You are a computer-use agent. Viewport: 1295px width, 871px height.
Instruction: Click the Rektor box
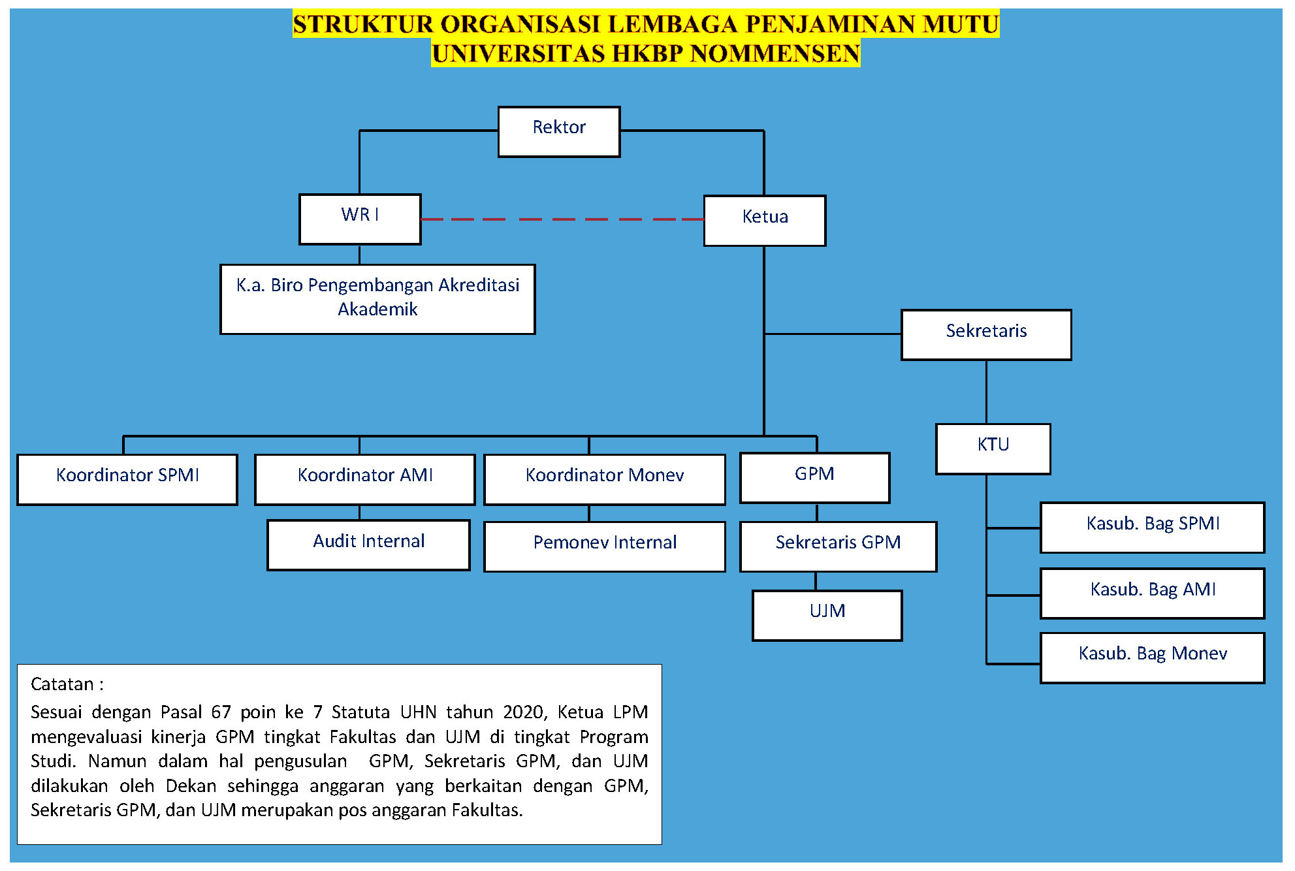pos(559,132)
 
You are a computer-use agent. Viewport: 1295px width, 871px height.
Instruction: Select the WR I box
pos(360,219)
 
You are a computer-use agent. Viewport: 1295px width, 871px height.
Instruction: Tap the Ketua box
pos(765,221)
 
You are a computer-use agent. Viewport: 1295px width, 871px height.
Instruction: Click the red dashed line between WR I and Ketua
pos(562,219)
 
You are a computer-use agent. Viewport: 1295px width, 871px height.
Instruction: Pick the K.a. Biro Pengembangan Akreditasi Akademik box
pos(377,299)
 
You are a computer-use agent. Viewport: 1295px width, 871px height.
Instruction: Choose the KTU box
pos(993,449)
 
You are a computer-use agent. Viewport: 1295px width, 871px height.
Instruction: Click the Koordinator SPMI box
pos(127,480)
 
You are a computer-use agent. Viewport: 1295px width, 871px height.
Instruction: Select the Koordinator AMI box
pos(365,480)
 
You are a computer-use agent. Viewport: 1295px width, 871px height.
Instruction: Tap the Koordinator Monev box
pos(605,480)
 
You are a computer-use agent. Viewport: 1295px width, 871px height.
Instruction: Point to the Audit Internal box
pos(368,545)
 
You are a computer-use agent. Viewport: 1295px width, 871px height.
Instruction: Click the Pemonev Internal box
pos(605,546)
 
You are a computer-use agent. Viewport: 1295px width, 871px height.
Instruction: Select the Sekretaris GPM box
pos(838,546)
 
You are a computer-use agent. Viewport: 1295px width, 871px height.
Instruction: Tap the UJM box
pos(827,616)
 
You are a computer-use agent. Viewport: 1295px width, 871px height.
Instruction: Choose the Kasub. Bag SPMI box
pos(1153,528)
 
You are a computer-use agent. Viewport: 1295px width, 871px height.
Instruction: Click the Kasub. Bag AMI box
pos(1153,594)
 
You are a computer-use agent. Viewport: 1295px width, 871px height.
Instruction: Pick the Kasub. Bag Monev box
pos(1153,658)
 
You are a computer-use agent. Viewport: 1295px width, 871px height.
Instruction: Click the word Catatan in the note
pos(62,684)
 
